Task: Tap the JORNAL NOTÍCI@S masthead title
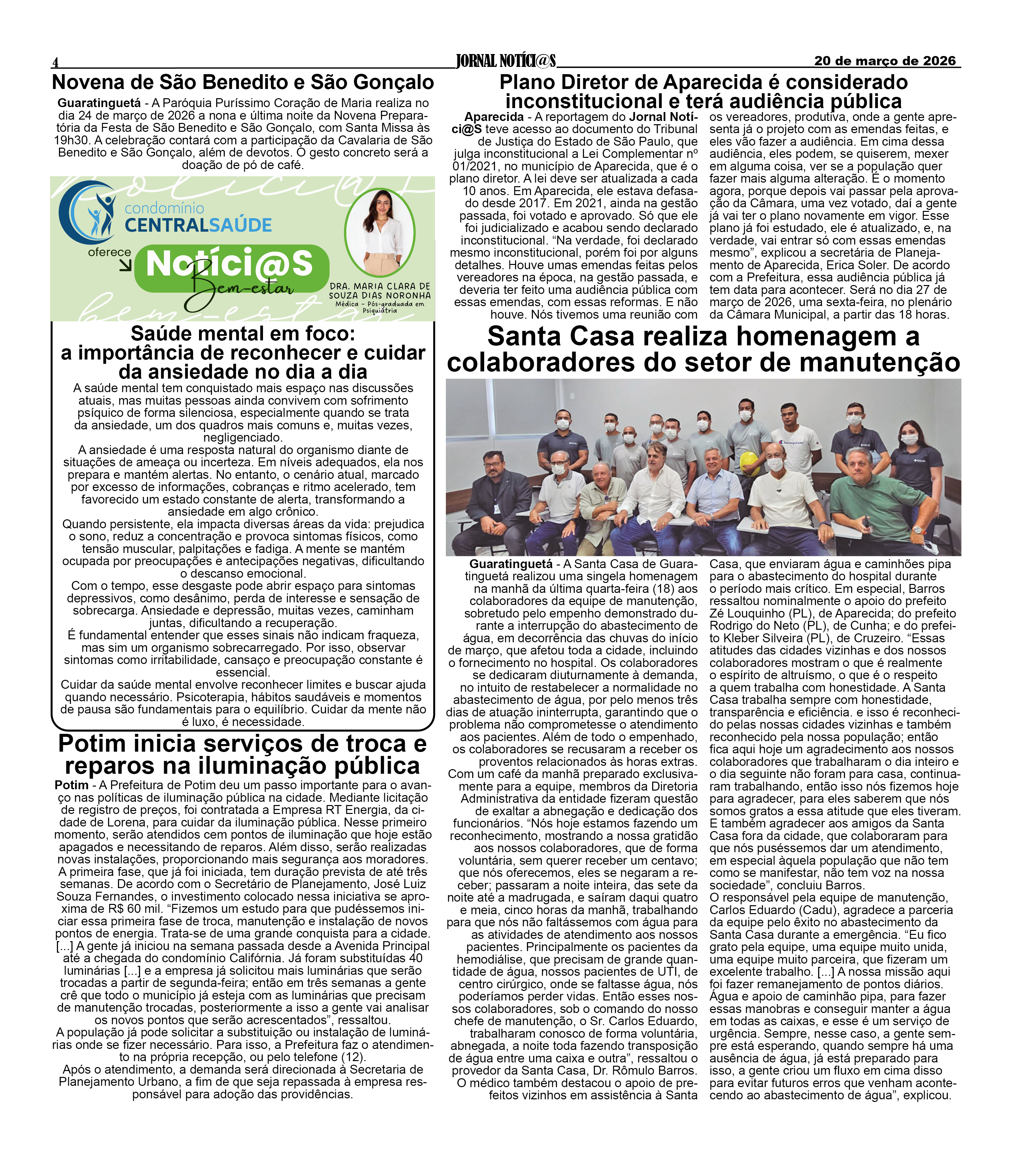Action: pyautogui.click(x=506, y=61)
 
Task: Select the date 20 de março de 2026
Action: pyautogui.click(x=885, y=61)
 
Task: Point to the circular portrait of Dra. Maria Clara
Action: pyautogui.click(x=380, y=232)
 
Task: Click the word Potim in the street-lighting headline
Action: pyautogui.click(x=94, y=744)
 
